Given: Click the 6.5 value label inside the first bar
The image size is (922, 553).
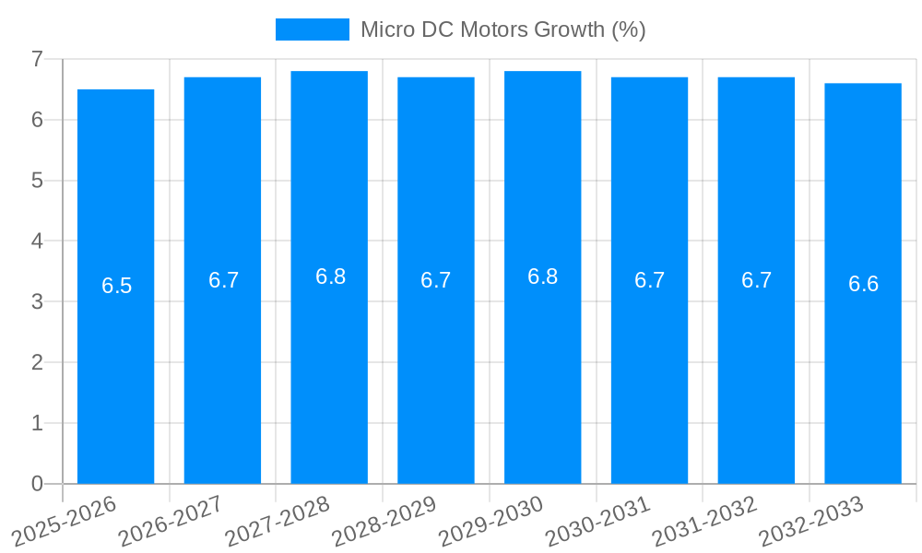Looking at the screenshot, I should pyautogui.click(x=117, y=286).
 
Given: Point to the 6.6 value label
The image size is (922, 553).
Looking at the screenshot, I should pyautogui.click(x=863, y=284).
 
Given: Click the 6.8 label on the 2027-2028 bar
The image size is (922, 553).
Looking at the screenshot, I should pyautogui.click(x=330, y=276).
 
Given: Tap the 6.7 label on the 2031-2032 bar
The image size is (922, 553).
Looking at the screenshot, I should pyautogui.click(x=756, y=280).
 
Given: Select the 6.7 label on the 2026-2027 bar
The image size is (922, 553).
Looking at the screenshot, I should pyautogui.click(x=223, y=280).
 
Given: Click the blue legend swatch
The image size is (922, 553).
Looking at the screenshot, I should pyautogui.click(x=313, y=29).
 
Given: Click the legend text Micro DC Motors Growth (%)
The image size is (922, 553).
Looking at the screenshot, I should pyautogui.click(x=502, y=29).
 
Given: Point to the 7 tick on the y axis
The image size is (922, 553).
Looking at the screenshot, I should pyautogui.click(x=37, y=59).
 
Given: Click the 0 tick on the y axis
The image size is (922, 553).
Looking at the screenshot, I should pyautogui.click(x=37, y=484).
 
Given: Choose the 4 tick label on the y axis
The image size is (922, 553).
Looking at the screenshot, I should pyautogui.click(x=37, y=241).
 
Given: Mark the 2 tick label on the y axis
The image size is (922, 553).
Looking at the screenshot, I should pyautogui.click(x=37, y=362).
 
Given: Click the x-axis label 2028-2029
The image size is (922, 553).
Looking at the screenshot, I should pyautogui.click(x=384, y=521).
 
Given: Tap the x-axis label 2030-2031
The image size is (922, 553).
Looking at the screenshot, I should pyautogui.click(x=598, y=521).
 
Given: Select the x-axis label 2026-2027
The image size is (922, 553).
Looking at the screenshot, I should pyautogui.click(x=171, y=521).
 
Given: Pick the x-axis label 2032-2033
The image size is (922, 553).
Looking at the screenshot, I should pyautogui.click(x=811, y=521).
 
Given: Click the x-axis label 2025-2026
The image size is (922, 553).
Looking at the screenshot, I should pyautogui.click(x=65, y=521).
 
